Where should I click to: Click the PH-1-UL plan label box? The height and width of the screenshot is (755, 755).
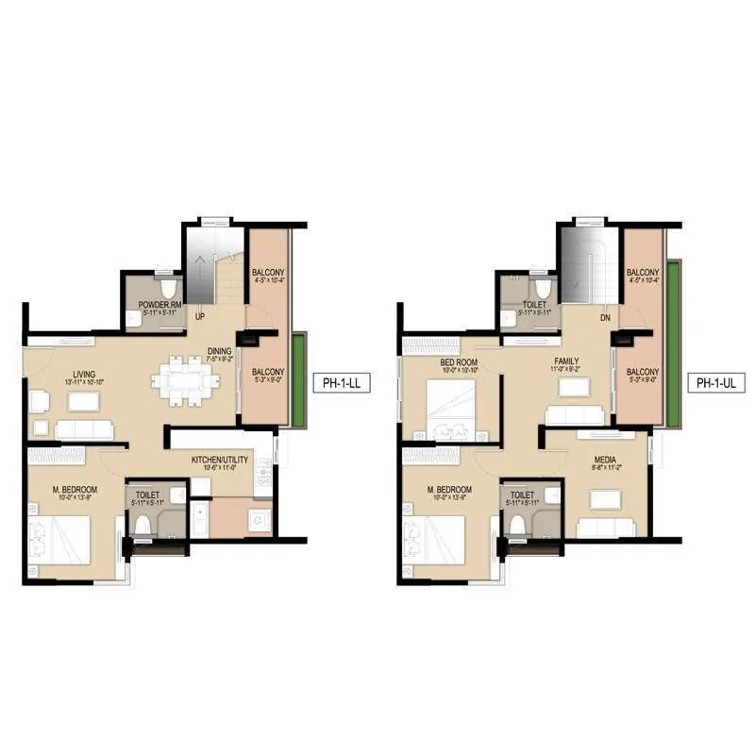click(716, 384)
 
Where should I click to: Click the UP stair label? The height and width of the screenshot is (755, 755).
click(200, 317)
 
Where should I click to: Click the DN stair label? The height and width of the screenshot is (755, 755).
click(605, 318)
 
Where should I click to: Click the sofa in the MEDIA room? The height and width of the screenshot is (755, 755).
click(599, 525)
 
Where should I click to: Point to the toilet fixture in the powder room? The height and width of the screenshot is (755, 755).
click(167, 286)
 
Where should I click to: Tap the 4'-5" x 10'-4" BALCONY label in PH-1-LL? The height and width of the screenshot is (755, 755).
click(268, 276)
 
